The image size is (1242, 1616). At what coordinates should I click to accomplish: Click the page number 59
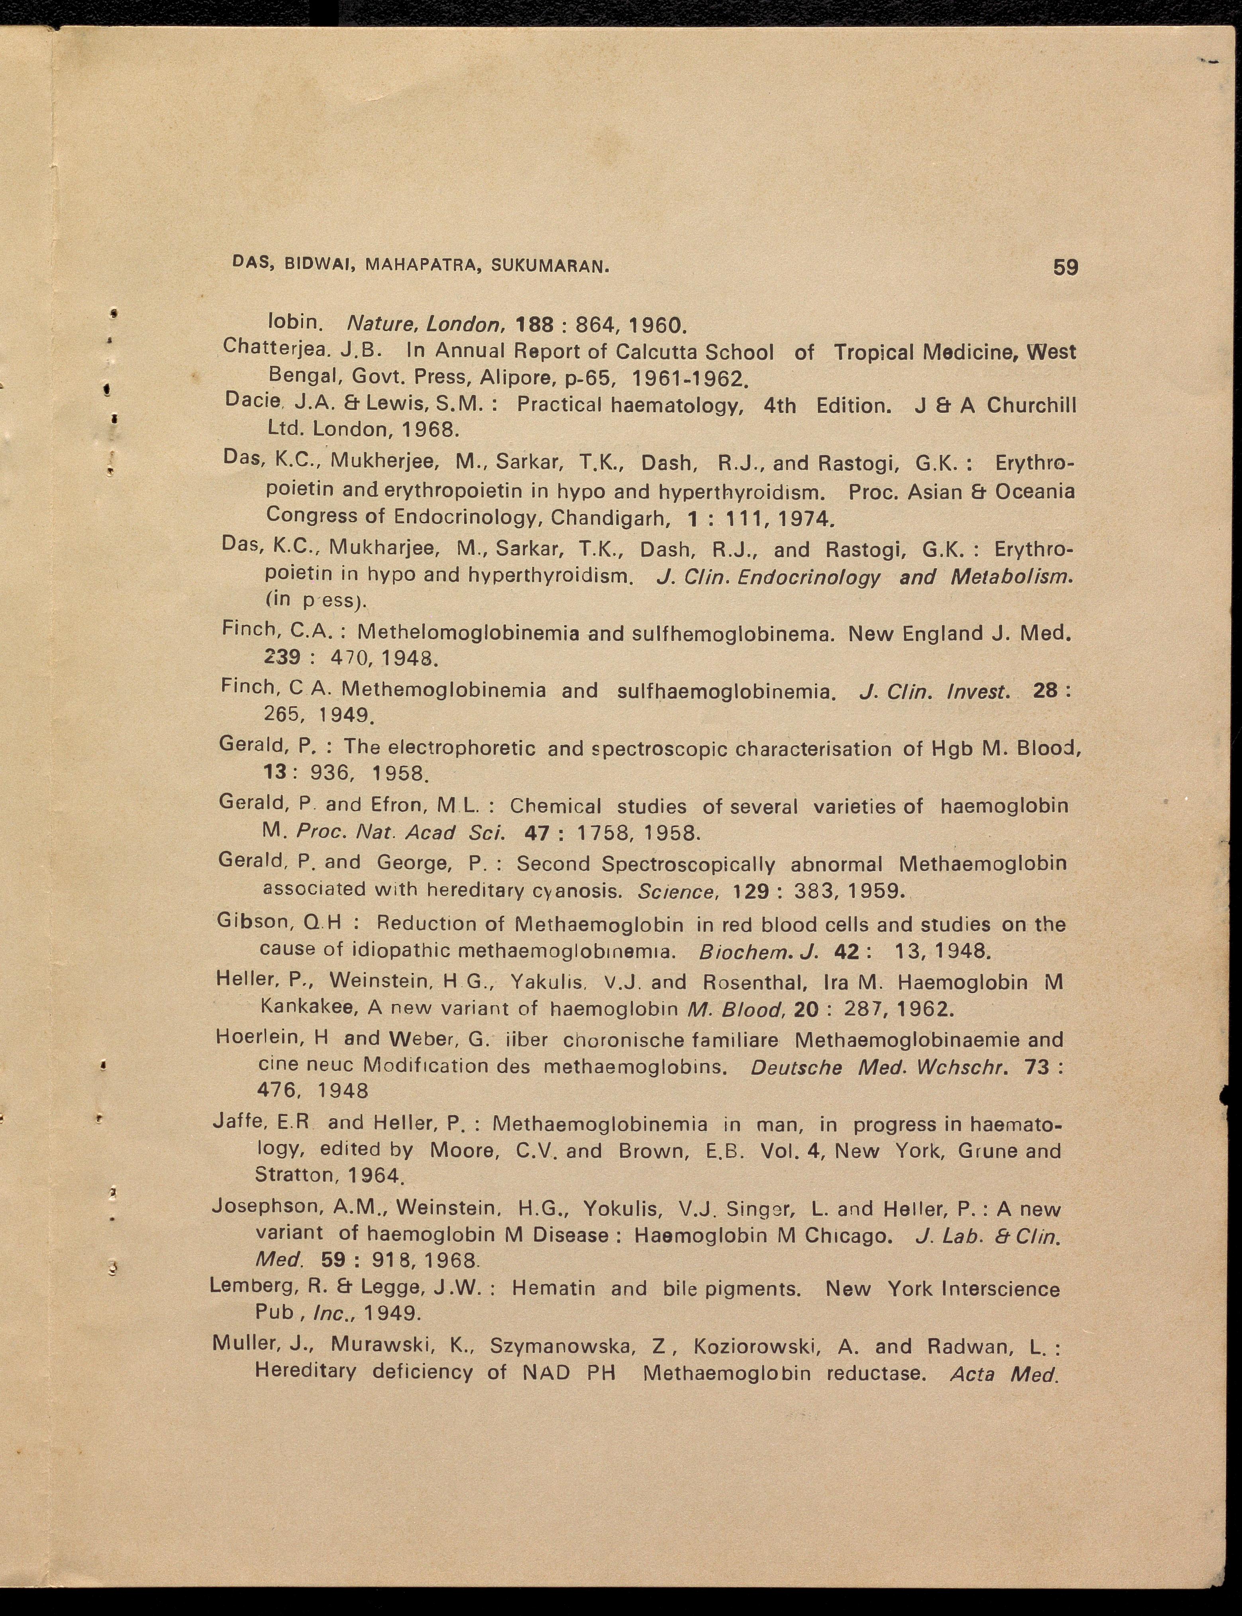(1065, 267)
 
